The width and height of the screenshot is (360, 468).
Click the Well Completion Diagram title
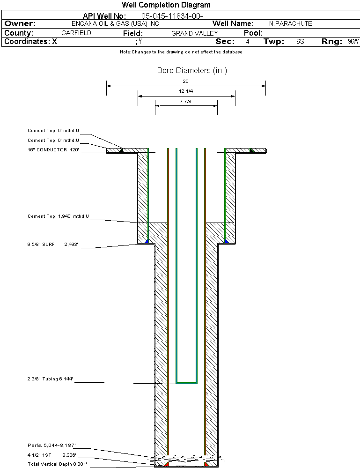tap(166, 5)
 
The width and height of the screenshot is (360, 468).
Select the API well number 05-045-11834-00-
tap(172, 16)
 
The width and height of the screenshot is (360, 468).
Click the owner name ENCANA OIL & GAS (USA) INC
tap(115, 23)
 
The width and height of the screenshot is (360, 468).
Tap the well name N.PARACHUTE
tap(291, 23)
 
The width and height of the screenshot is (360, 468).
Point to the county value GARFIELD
tap(76, 33)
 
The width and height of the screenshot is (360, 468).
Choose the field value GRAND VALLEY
tap(194, 33)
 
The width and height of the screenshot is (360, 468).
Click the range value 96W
tap(353, 42)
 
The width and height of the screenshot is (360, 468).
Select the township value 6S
tap(300, 42)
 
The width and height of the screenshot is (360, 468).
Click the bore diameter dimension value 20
tap(185, 81)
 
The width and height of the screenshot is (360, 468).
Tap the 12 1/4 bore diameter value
tap(186, 91)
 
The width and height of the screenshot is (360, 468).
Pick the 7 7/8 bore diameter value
tap(185, 102)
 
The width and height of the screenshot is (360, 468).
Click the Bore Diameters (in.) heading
tap(192, 70)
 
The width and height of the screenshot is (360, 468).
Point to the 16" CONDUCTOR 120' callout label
tap(53, 149)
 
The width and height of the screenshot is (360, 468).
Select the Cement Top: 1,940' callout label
tap(58, 216)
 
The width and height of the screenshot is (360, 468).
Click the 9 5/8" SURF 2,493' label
tap(53, 244)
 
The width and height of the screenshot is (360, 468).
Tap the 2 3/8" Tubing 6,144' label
tap(50, 379)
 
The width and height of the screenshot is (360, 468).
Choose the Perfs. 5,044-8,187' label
tap(51, 446)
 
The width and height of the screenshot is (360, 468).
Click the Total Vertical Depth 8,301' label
tap(57, 464)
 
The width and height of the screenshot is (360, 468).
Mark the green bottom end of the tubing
tap(187, 383)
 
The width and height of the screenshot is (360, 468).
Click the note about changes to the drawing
tap(181, 52)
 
